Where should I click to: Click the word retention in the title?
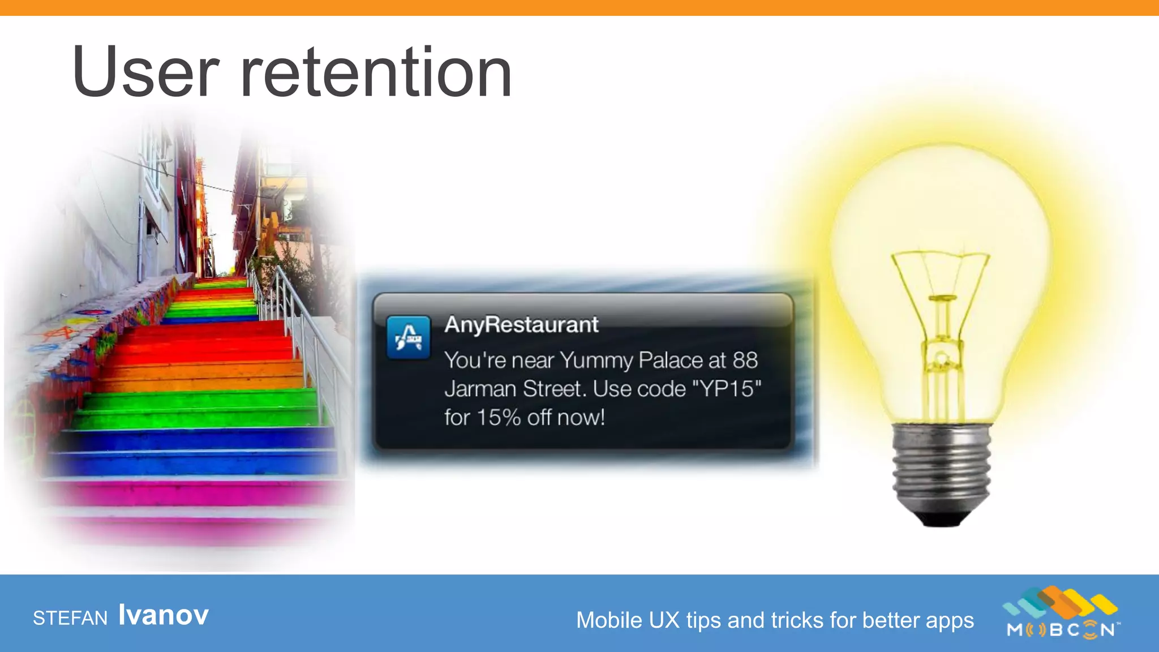[x=376, y=72]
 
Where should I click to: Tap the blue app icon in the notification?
[x=408, y=337]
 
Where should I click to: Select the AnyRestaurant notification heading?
[x=521, y=325]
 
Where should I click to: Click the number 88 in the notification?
[x=745, y=360]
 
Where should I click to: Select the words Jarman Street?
[x=514, y=389]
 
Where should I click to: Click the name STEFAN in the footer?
[x=70, y=618]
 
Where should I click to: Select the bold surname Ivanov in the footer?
[x=164, y=615]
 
